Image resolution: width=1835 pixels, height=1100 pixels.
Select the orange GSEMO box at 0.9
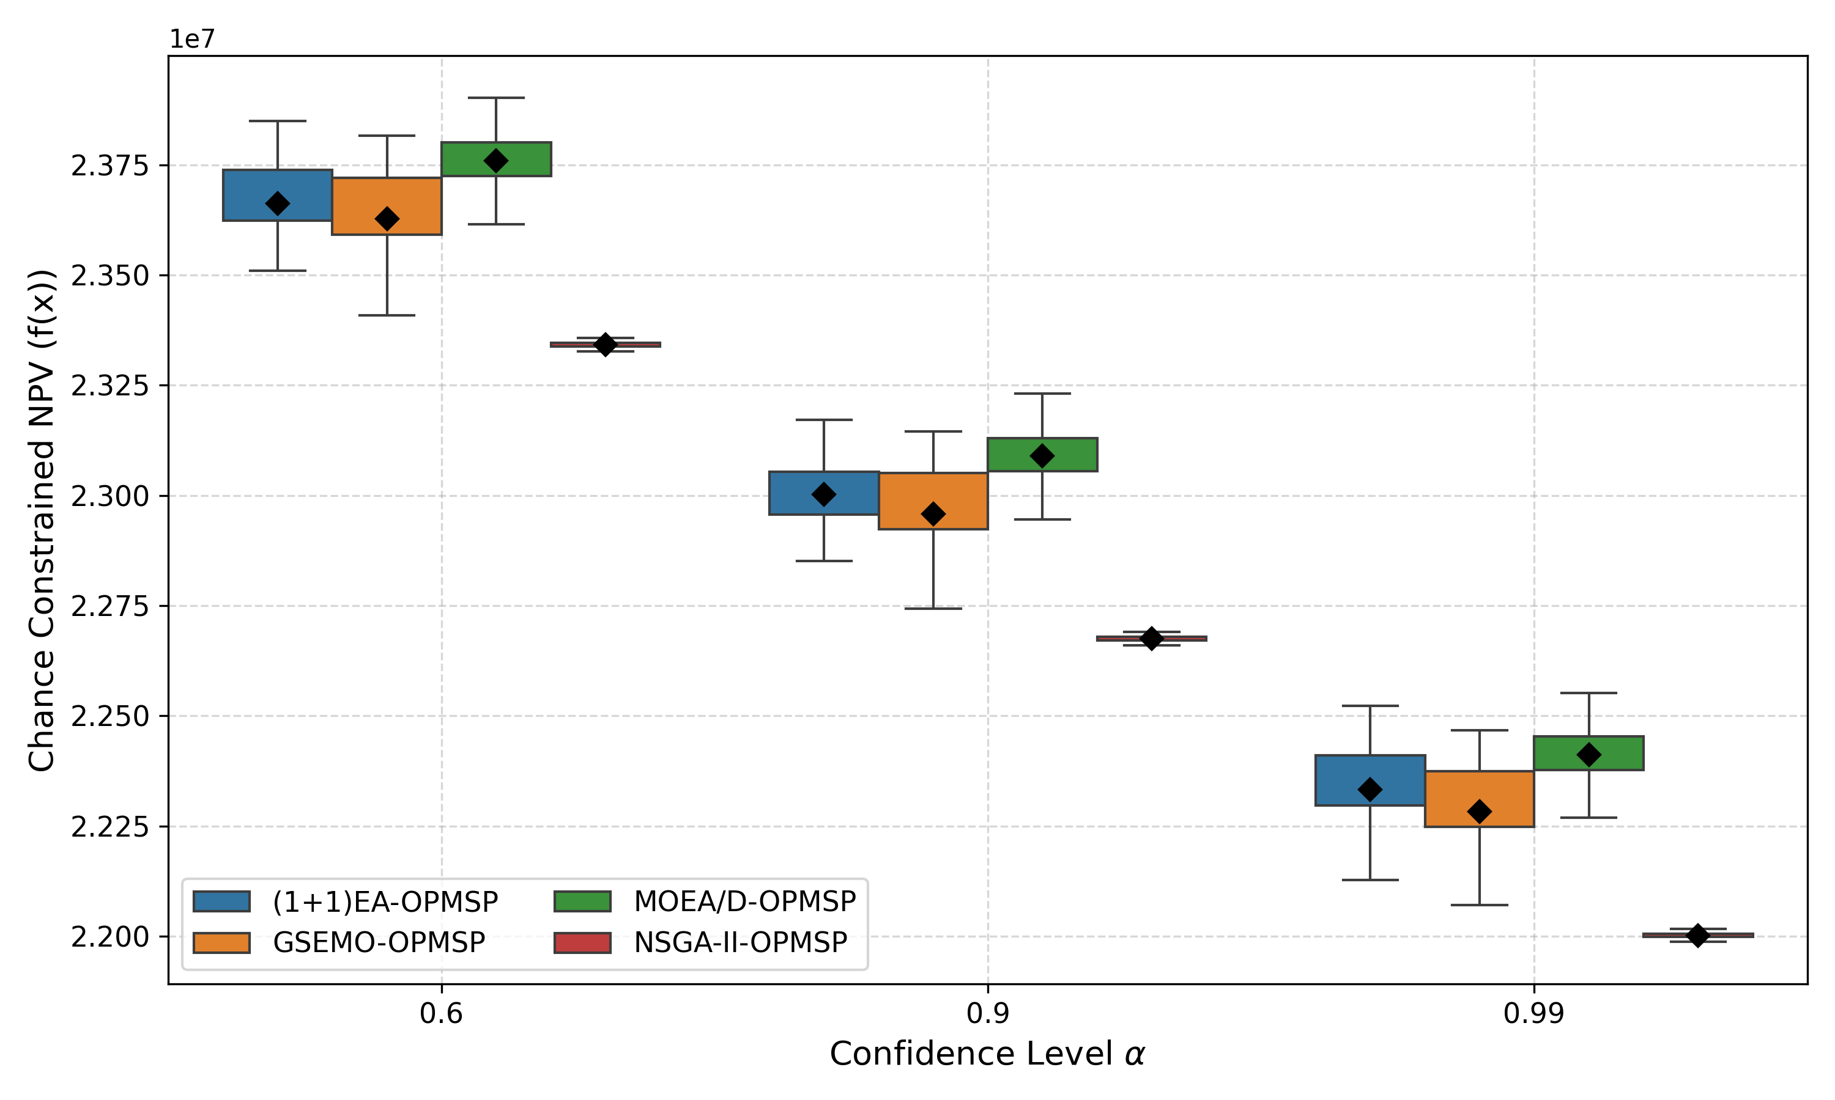pos(933,490)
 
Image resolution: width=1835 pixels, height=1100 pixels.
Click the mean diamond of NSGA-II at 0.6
pos(605,345)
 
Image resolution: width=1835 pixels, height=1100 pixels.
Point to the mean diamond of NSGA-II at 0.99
pos(1698,936)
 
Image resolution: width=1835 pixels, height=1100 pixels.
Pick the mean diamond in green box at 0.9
pos(1042,456)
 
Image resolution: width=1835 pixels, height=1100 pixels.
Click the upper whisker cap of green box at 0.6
pos(496,98)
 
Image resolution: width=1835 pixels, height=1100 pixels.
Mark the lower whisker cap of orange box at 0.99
pos(1479,905)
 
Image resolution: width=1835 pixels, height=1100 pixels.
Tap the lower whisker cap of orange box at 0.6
pos(387,315)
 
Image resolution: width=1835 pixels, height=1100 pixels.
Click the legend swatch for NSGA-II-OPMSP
pos(582,943)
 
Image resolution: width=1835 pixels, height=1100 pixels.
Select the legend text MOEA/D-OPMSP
pos(744,902)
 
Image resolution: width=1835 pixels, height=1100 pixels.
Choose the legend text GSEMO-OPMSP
pos(379,943)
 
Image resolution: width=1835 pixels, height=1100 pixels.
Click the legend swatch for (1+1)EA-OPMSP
pos(221,902)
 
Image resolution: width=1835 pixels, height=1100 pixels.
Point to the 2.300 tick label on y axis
pos(109,496)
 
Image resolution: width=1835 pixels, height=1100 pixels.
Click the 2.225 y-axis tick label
pos(109,826)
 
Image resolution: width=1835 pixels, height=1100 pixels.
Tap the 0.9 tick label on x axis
pos(987,1013)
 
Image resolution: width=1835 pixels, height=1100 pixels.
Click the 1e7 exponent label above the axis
pos(192,38)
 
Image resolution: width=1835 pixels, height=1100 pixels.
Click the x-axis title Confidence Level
pos(987,1054)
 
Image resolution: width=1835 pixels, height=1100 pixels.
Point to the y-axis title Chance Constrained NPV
pos(42,520)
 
